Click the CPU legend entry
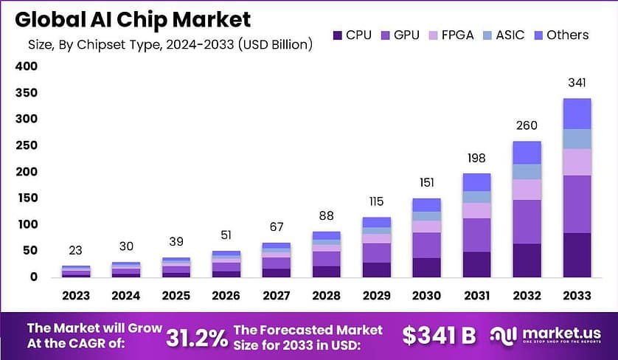pos(351,34)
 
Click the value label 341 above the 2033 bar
pos(577,83)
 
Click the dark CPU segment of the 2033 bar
pos(577,255)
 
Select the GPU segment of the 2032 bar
pos(527,221)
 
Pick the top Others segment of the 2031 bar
pos(476,182)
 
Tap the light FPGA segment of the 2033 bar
pos(577,162)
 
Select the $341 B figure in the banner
pos(440,336)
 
